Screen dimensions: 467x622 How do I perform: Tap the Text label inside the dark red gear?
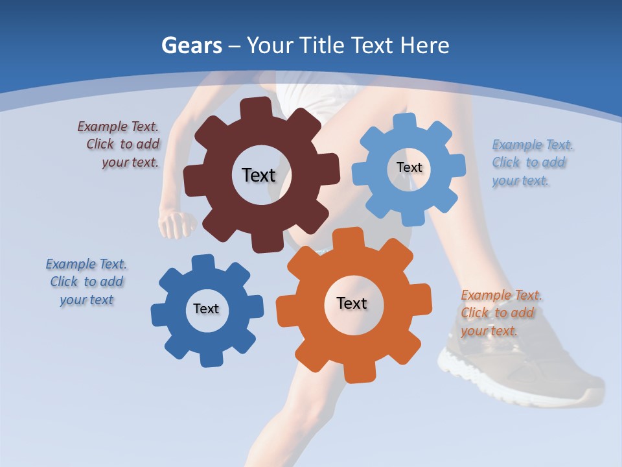tap(259, 175)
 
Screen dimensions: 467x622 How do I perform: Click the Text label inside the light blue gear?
tap(409, 167)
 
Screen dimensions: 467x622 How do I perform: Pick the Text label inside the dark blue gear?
tap(206, 309)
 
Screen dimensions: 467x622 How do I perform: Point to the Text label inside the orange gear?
tap(352, 303)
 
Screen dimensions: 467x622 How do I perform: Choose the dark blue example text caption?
tap(87, 282)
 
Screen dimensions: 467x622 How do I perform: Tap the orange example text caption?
tap(500, 313)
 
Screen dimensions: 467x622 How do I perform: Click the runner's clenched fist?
tap(177, 224)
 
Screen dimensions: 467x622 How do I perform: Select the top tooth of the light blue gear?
tap(405, 122)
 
